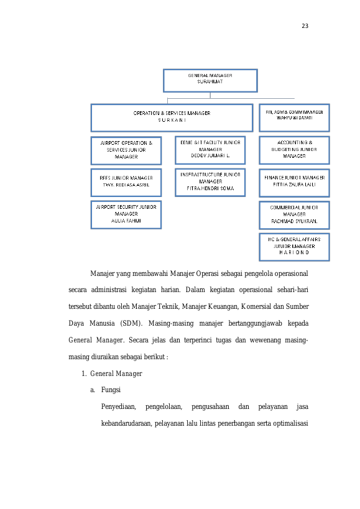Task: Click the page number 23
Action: [305, 26]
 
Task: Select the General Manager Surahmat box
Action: [210, 81]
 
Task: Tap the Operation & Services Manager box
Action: [172, 118]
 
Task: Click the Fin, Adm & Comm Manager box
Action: [294, 118]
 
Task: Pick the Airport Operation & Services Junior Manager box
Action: [126, 150]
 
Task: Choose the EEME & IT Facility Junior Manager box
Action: [210, 150]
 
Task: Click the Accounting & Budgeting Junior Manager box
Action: [294, 150]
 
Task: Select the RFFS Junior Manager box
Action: [126, 183]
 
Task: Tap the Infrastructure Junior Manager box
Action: [210, 183]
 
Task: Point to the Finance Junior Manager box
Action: [294, 183]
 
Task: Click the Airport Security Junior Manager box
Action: [126, 215]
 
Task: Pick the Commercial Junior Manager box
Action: [294, 215]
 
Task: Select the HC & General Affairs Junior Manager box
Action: [294, 247]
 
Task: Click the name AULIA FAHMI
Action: [126, 221]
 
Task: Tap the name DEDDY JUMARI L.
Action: [210, 156]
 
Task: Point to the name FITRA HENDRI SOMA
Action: [210, 188]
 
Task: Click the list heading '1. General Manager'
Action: [112, 374]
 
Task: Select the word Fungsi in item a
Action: [111, 390]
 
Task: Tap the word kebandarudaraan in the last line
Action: [126, 423]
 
